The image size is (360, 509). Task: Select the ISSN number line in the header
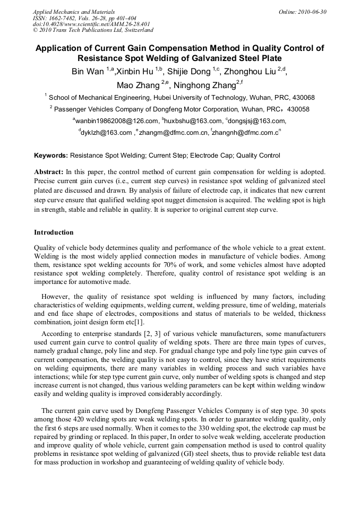(84, 18)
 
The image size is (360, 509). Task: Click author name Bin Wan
(88, 72)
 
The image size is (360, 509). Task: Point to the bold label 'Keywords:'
(51, 156)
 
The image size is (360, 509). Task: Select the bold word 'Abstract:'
(49, 172)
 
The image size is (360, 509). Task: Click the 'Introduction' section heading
(54, 232)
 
